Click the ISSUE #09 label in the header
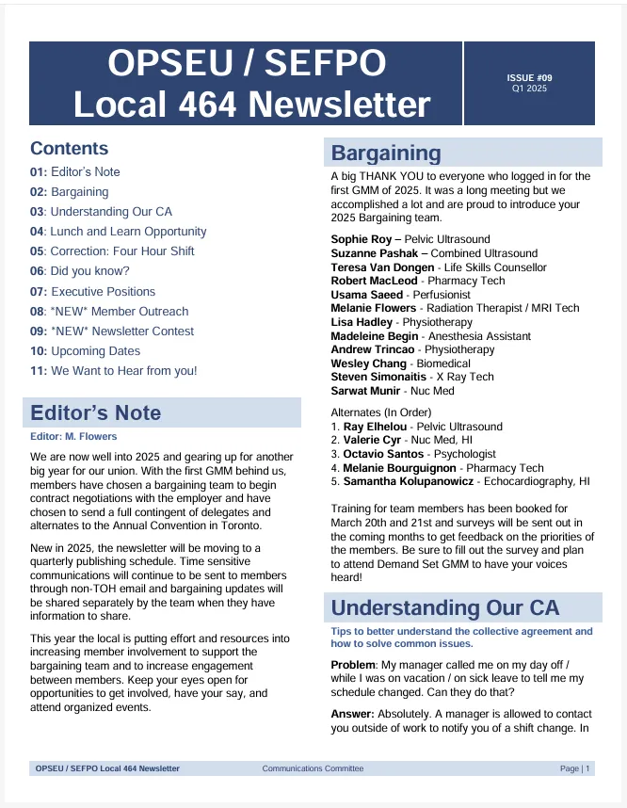click(x=528, y=77)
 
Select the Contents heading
click(x=69, y=149)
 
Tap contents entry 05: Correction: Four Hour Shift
click(x=112, y=251)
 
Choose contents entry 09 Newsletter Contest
click(x=111, y=331)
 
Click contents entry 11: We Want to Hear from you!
click(x=113, y=371)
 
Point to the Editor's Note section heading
click(x=95, y=412)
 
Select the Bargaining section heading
click(x=386, y=154)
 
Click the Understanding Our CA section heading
click(x=444, y=607)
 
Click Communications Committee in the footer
click(x=313, y=768)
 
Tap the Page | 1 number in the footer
click(x=574, y=768)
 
